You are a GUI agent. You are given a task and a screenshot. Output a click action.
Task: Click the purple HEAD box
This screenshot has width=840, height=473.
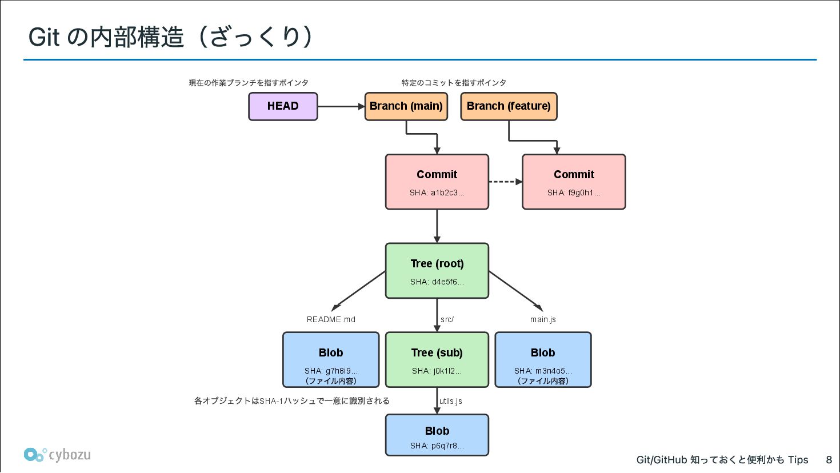point(283,106)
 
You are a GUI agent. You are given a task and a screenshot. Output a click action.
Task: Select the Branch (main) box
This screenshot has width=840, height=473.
point(406,106)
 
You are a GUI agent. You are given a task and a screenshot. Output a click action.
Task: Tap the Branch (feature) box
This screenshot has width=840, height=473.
point(509,106)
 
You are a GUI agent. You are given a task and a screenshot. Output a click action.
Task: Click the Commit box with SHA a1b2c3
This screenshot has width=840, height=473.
point(437,182)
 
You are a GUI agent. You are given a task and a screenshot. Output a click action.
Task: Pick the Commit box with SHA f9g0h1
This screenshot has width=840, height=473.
point(574,182)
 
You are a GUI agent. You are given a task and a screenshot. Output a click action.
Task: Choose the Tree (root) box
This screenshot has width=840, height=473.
point(437,271)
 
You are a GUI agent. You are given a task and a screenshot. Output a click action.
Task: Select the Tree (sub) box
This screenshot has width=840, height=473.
point(437,359)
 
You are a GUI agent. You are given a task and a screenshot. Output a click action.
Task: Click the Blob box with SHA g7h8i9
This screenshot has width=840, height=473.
point(331,359)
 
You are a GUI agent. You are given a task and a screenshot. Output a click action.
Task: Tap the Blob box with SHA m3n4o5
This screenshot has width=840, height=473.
point(543,359)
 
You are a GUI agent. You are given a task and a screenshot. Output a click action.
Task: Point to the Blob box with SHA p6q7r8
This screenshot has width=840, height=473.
point(437,435)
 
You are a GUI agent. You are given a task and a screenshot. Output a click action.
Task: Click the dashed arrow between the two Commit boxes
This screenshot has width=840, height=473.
point(506,182)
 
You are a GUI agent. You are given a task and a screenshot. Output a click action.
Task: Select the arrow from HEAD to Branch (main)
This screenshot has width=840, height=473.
point(341,106)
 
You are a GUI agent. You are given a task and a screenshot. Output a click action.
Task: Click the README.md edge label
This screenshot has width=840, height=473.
point(331,319)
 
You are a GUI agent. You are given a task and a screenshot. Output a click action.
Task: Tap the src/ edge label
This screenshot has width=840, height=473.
point(447,319)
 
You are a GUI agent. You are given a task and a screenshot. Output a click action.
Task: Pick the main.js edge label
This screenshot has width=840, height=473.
point(543,319)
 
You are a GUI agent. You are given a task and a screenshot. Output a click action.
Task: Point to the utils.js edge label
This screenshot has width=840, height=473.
point(451,401)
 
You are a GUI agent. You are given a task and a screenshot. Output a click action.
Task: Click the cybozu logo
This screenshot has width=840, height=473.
point(57,455)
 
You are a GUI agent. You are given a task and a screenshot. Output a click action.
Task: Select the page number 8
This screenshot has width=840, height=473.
point(829,459)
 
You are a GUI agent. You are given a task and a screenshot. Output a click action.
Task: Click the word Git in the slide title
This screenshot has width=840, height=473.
point(44,38)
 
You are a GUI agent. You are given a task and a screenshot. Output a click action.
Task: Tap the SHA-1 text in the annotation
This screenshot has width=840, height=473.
point(270,401)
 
